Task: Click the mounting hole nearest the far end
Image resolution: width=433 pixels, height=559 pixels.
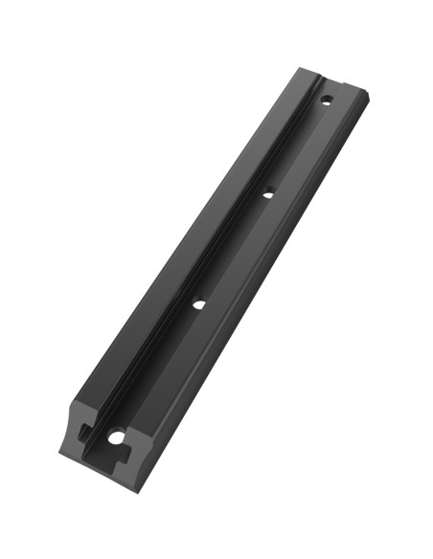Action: tap(326, 99)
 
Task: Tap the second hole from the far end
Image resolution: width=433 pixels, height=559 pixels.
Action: tap(268, 192)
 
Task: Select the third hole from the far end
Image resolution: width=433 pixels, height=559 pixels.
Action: tap(199, 304)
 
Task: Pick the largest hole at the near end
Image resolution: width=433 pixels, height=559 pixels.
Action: tap(117, 436)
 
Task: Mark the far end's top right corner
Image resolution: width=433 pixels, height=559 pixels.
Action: tap(371, 93)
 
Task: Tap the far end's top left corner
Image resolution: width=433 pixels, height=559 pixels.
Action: tap(300, 68)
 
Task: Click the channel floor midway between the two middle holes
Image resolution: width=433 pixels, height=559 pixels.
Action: tap(234, 249)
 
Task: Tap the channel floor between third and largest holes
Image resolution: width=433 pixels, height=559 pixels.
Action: tap(158, 370)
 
